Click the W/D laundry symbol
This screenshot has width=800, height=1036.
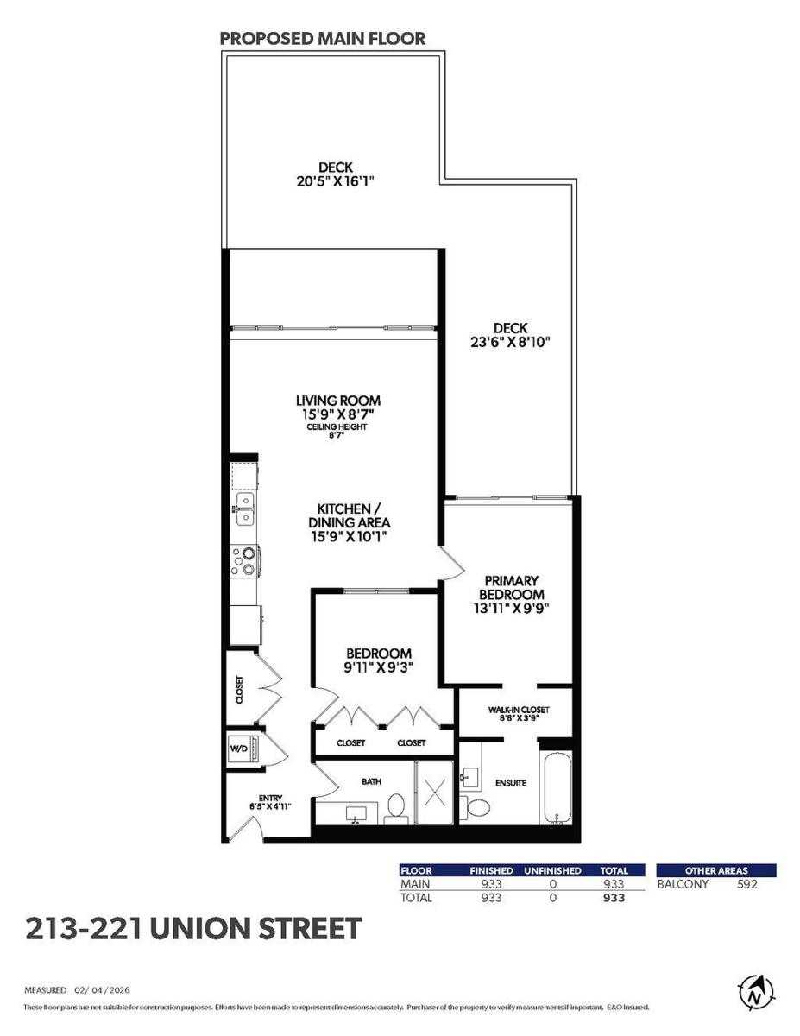pyautogui.click(x=245, y=748)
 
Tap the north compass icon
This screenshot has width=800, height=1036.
pyautogui.click(x=756, y=993)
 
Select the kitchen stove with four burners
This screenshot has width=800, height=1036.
pyautogui.click(x=245, y=560)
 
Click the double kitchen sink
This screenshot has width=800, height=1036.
pyautogui.click(x=243, y=509)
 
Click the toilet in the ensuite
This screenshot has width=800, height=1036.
pyautogui.click(x=475, y=806)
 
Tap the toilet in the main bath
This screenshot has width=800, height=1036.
pyautogui.click(x=396, y=808)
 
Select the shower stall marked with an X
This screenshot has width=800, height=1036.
pyautogui.click(x=434, y=792)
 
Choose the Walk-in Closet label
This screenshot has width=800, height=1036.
pyautogui.click(x=519, y=710)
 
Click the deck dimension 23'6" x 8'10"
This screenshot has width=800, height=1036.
pyautogui.click(x=510, y=342)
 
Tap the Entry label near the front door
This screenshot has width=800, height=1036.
pyautogui.click(x=271, y=798)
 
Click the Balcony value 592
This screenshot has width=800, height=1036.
pyautogui.click(x=746, y=884)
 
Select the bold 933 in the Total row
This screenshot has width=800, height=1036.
pyautogui.click(x=614, y=898)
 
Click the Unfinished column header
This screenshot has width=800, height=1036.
pyautogui.click(x=552, y=870)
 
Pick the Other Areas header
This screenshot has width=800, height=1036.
pyautogui.click(x=716, y=870)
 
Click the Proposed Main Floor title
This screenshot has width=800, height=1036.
pyautogui.click(x=323, y=39)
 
